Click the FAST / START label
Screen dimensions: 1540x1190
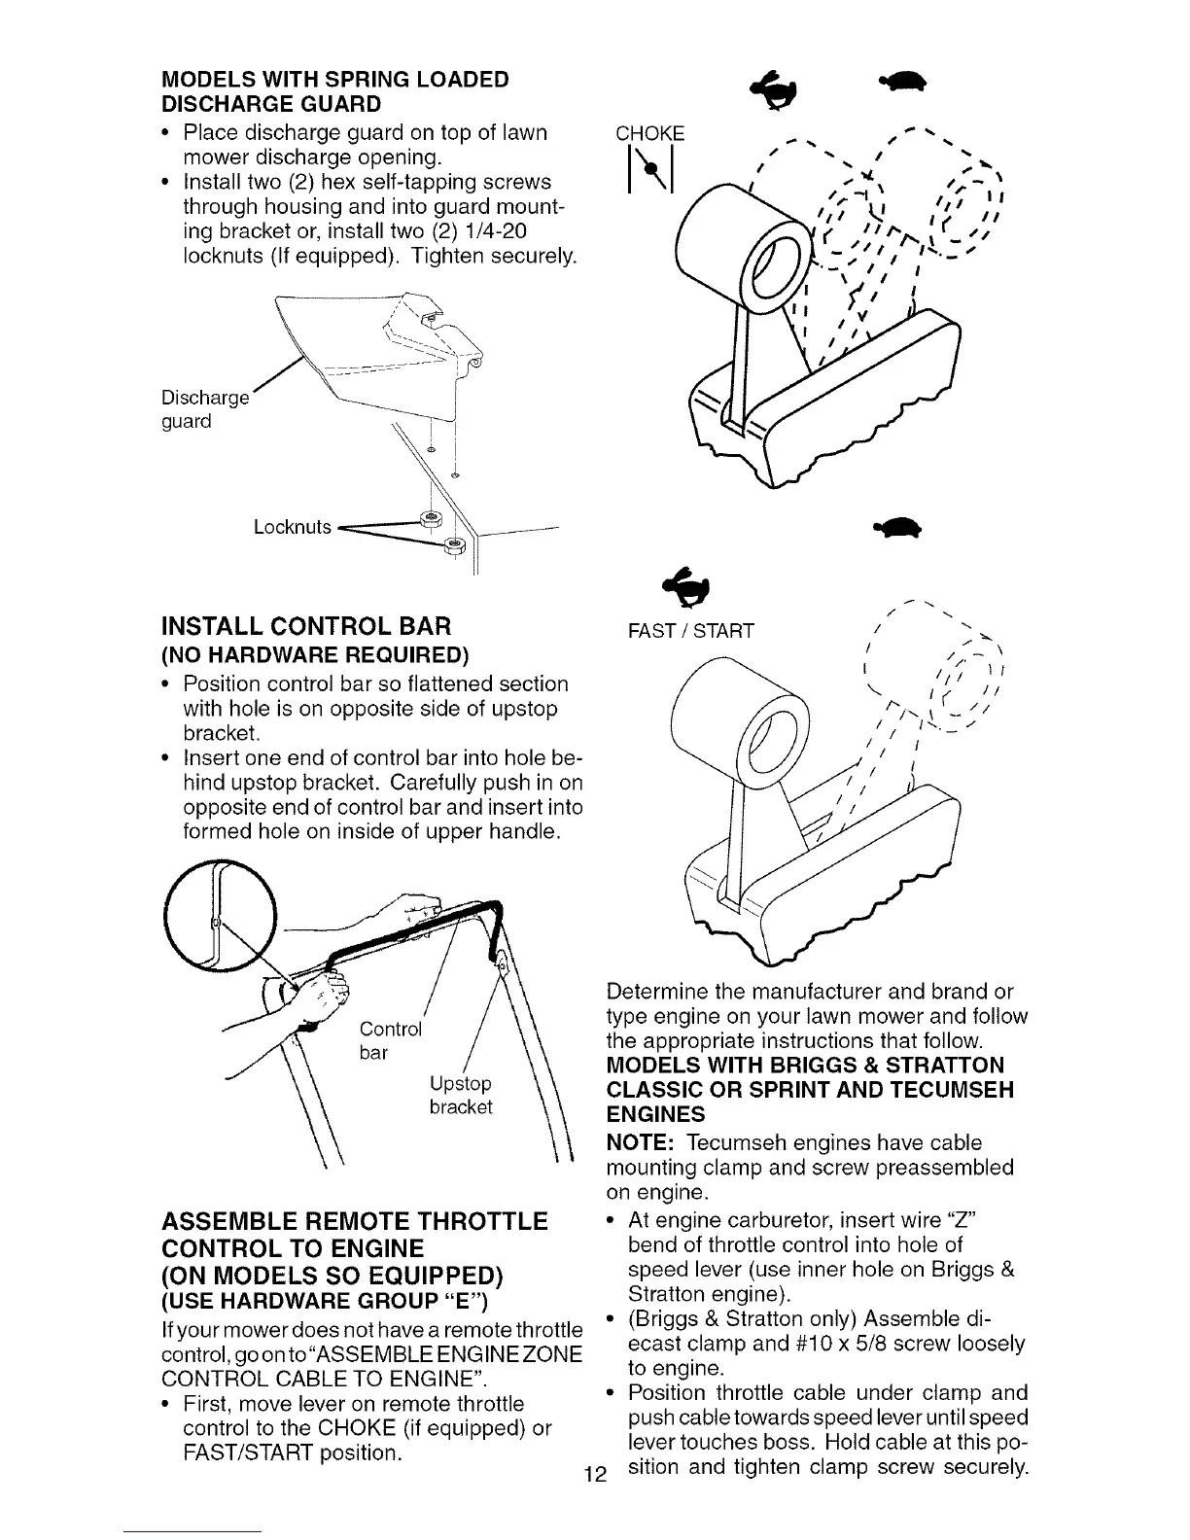point(691,632)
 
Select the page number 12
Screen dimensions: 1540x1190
point(591,1474)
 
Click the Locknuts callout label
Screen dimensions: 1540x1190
point(293,527)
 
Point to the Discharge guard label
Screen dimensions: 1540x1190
point(205,409)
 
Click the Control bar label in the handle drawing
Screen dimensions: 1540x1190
point(389,1040)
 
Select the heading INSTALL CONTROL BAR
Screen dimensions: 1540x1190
point(297,624)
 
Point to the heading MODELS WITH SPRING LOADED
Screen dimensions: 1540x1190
point(322,79)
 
